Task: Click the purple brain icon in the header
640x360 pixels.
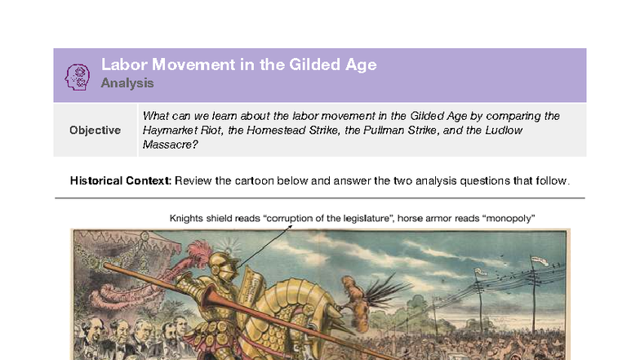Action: tap(78, 75)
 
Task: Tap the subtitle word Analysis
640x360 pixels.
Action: tap(127, 83)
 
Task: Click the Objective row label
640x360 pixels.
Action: tap(95, 130)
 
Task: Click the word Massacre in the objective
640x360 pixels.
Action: tap(169, 144)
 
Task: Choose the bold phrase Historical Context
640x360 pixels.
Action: tap(120, 180)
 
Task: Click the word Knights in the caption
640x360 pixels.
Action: tap(186, 218)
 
